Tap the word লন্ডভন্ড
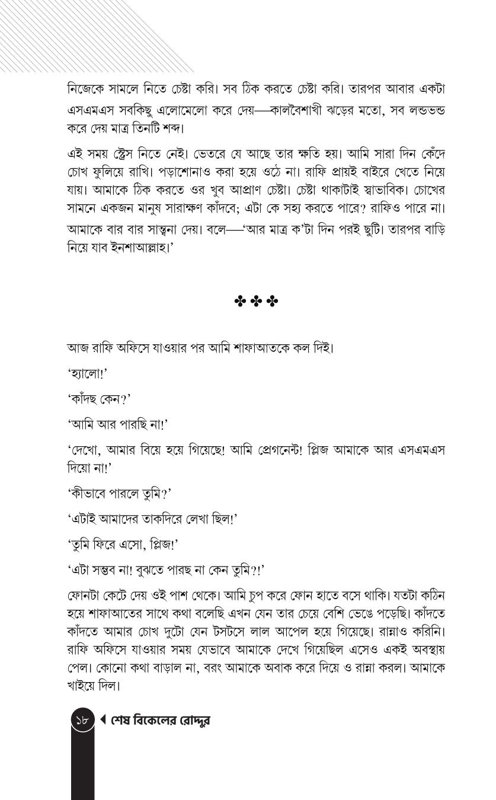click(x=422, y=110)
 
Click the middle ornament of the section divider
click(x=256, y=302)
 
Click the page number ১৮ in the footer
click(x=83, y=721)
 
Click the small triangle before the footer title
click(x=103, y=720)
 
